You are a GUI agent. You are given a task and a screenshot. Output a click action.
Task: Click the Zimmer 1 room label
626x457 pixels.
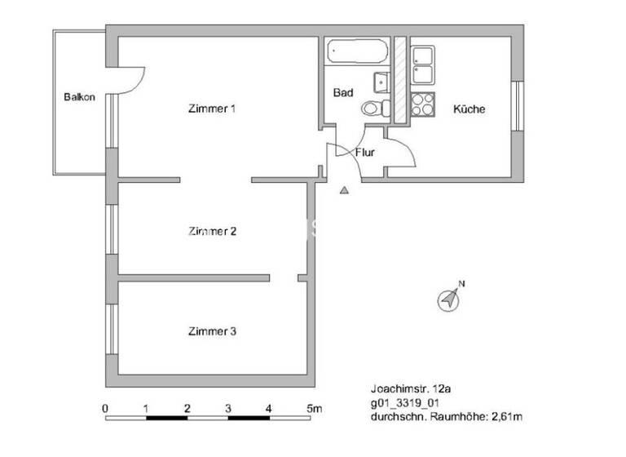coord(212,109)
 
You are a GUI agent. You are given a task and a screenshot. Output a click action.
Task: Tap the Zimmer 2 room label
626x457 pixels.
coord(212,231)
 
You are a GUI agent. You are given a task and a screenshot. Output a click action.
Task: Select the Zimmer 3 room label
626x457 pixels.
coord(212,331)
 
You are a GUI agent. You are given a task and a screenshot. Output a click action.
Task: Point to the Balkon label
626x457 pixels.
coord(79,98)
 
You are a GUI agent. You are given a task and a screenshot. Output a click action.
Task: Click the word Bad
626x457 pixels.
coord(343,93)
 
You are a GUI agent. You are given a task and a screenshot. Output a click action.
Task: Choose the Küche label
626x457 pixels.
coord(469,109)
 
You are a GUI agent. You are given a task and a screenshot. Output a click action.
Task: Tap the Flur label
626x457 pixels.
coord(364,152)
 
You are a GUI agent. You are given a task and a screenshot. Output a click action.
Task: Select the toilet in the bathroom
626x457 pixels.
coord(373,108)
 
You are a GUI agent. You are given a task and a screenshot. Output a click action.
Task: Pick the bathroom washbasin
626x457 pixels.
coord(380,82)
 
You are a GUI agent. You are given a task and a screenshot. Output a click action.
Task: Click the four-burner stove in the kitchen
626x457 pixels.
coord(422,105)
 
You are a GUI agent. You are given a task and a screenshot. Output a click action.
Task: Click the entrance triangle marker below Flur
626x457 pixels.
coord(344,190)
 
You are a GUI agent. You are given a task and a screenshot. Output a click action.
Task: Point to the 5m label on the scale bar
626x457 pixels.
coord(315,407)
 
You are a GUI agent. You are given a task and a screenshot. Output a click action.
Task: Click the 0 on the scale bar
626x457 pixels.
coord(105,407)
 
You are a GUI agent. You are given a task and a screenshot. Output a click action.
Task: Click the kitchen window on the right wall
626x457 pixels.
coord(517,106)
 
